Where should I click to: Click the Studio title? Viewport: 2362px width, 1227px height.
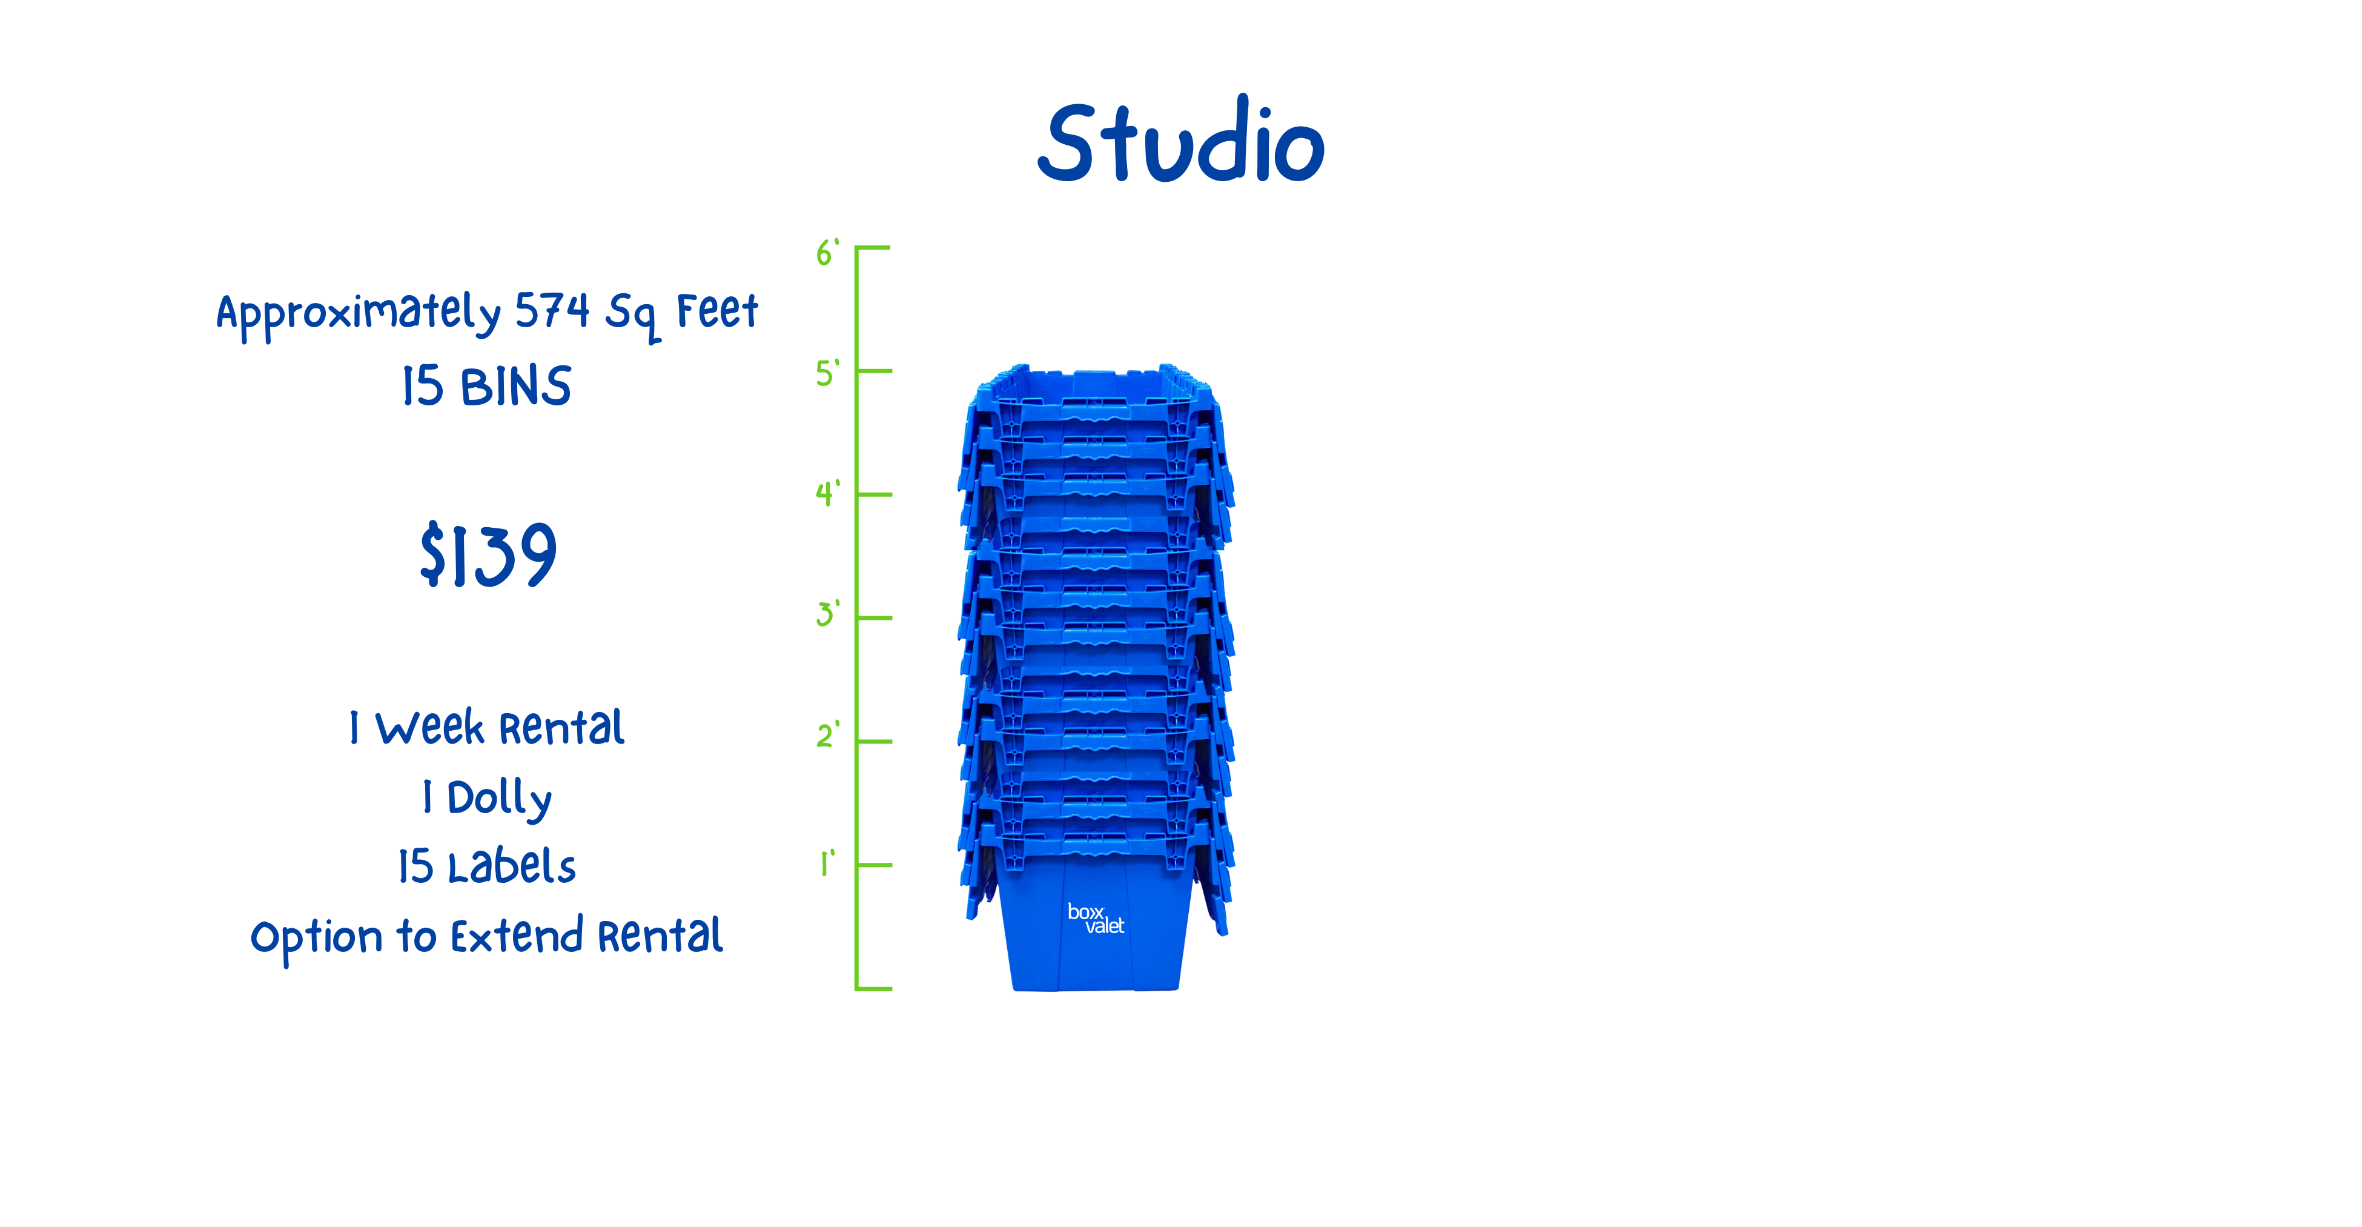click(1181, 142)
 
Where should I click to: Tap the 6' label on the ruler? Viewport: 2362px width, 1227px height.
click(827, 252)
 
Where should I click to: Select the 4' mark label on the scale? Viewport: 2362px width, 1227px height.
click(827, 493)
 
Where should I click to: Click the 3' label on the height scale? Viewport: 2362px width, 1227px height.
click(827, 613)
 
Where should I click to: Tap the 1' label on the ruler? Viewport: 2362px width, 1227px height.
click(827, 863)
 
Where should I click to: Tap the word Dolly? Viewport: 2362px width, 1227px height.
click(499, 799)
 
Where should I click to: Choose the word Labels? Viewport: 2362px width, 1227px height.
click(512, 866)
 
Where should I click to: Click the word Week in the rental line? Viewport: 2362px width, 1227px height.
click(429, 728)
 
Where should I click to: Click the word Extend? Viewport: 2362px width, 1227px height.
click(516, 936)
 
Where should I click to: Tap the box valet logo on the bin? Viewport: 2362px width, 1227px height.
click(1095, 918)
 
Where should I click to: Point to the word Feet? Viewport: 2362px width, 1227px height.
click(717, 311)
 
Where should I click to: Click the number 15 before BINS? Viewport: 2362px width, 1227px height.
click(423, 386)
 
